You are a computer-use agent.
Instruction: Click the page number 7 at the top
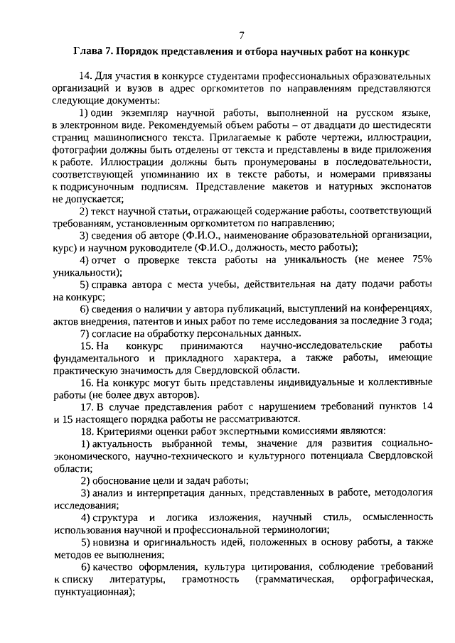242,34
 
